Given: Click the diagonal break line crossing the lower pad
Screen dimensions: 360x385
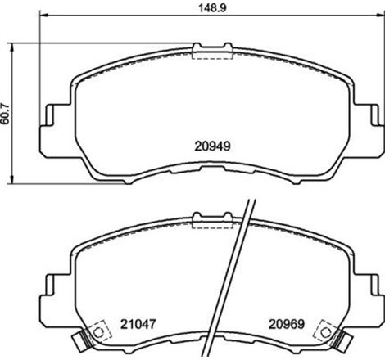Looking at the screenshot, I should click(233, 278).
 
